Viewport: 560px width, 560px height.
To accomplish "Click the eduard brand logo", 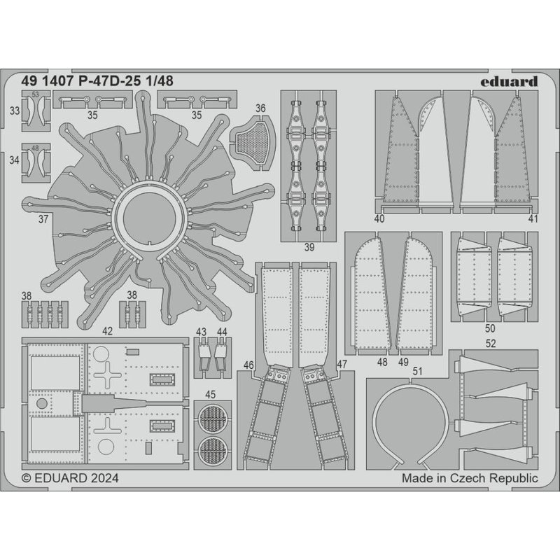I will (510, 81).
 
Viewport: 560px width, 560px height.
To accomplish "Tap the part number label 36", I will (260, 108).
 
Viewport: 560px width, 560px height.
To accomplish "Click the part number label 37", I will (44, 219).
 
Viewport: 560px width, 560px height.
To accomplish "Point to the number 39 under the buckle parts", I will (309, 246).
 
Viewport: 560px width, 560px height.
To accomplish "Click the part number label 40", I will (380, 219).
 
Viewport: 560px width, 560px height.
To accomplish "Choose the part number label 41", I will (533, 219).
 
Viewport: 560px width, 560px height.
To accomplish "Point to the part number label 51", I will (417, 372).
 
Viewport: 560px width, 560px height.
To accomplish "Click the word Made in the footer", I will (417, 478).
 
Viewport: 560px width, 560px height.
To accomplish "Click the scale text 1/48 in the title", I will (160, 80).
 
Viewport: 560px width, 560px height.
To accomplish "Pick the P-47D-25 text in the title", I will (113, 80).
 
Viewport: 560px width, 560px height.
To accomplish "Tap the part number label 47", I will (342, 365).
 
